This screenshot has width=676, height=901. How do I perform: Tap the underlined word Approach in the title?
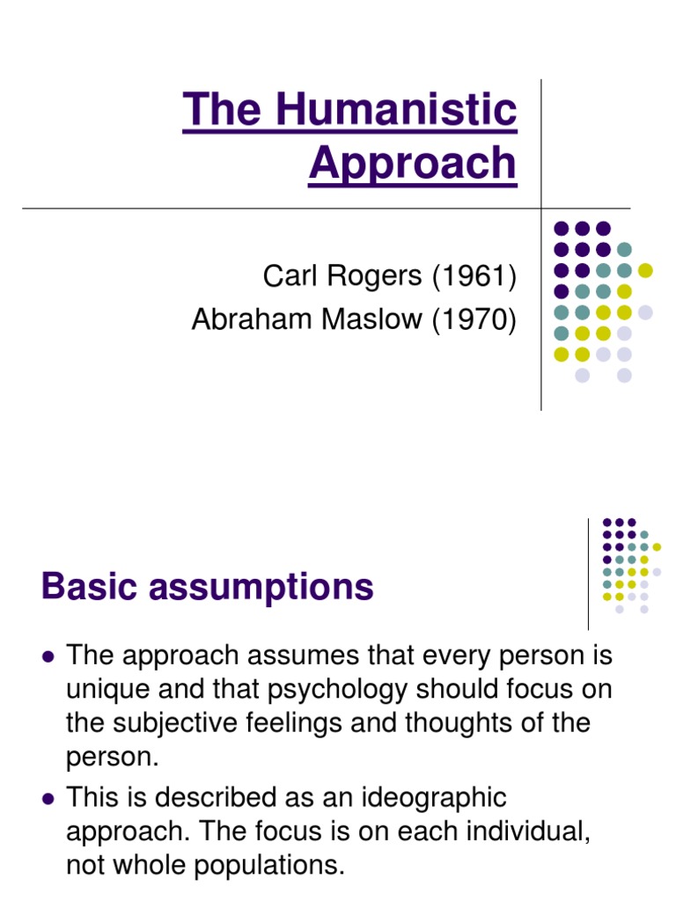tap(413, 163)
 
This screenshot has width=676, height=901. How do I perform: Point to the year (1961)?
tap(474, 276)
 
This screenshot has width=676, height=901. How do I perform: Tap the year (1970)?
tap(474, 320)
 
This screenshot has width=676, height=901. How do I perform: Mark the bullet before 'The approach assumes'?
tap(48, 656)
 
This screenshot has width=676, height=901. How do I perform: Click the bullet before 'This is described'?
tap(48, 799)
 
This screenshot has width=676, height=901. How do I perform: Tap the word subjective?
tap(178, 723)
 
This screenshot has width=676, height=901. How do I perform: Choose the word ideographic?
tap(428, 799)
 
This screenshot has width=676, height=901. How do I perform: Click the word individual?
tap(516, 832)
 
